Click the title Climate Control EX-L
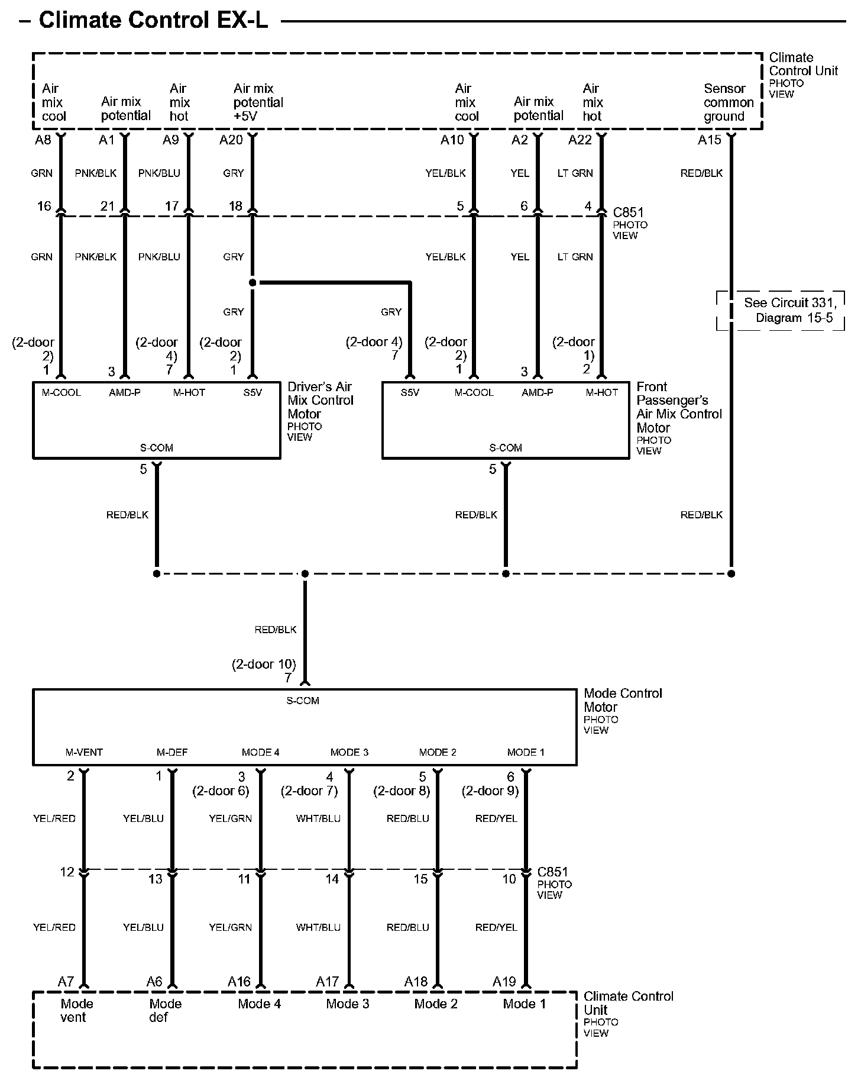tap(153, 20)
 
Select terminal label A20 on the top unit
tap(231, 140)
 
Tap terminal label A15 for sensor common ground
tap(710, 140)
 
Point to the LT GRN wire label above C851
tap(575, 173)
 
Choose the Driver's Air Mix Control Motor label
tap(320, 401)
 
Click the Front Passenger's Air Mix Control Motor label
tap(679, 407)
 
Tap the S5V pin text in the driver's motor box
tap(253, 392)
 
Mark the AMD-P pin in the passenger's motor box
tap(538, 392)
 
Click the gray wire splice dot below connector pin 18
tap(253, 283)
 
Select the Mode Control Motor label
tap(623, 700)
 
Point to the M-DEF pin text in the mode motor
tap(172, 752)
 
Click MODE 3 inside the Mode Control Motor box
tap(349, 752)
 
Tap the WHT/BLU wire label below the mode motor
tap(318, 818)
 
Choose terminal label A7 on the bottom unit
tap(66, 982)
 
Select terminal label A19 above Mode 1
tap(504, 982)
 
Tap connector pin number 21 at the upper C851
tap(107, 206)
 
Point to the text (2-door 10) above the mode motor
tap(264, 664)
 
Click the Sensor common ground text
tap(728, 102)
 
